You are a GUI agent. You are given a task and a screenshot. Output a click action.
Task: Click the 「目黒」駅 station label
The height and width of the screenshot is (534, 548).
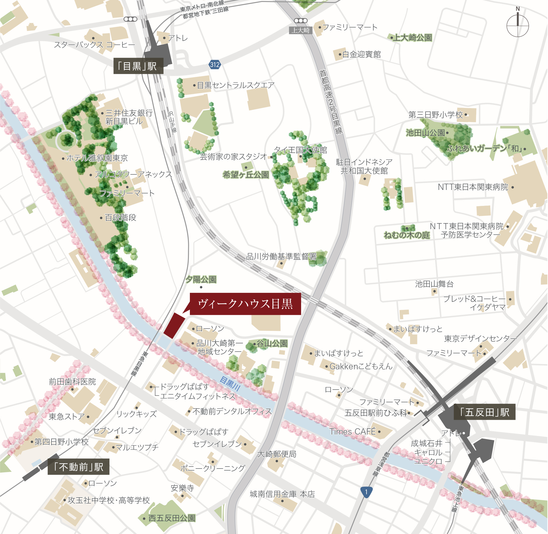click(x=138, y=66)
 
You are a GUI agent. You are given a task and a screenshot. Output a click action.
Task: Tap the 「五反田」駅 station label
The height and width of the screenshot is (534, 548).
click(x=484, y=412)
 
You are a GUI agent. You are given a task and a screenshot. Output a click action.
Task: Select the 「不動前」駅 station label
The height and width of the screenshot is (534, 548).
click(x=78, y=467)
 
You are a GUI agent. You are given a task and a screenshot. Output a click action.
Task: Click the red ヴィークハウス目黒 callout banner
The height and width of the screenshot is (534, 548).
click(x=245, y=304)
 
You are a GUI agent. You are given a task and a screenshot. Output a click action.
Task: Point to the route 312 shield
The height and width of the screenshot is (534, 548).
click(x=215, y=65)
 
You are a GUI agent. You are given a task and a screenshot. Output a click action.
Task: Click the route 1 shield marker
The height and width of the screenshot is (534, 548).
click(x=366, y=492)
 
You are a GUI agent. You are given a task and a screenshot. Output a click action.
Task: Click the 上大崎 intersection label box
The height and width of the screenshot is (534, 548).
click(x=300, y=30)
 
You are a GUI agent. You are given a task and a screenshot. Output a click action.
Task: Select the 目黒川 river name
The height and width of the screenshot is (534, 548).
click(x=230, y=384)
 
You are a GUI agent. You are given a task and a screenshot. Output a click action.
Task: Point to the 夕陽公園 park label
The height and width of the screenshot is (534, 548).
click(x=201, y=279)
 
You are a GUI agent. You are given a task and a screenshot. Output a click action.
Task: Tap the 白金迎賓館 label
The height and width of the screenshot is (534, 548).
click(x=361, y=54)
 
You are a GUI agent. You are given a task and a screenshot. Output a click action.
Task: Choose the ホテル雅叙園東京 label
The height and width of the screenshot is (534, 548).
click(x=97, y=158)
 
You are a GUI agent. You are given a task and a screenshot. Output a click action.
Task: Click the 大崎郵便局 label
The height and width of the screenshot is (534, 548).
click(x=277, y=454)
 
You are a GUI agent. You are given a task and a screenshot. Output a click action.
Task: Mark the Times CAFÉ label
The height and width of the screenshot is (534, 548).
click(x=353, y=432)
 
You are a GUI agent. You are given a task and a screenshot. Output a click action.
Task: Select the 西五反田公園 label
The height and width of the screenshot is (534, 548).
click(x=172, y=518)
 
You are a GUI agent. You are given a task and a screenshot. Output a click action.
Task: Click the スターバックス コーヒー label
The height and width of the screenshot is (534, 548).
click(x=94, y=44)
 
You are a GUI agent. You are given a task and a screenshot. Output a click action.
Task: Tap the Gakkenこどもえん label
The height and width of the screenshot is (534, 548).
click(x=361, y=366)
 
